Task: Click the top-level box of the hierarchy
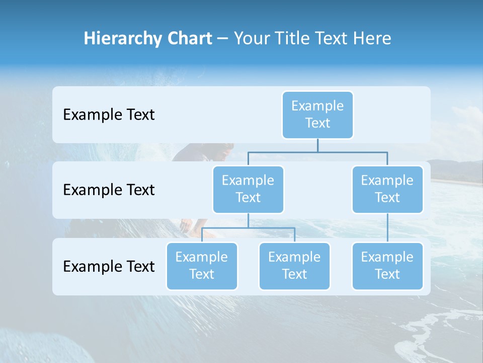coord(317,114)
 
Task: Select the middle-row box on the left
coord(248,189)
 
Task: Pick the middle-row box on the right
coord(387,189)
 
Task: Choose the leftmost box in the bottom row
coord(201,266)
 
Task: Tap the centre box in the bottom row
coord(294,266)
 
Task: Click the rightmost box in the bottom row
coord(387,266)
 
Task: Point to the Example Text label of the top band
coord(109,115)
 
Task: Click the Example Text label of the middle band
coord(109,190)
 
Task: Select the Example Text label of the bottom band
coord(109,266)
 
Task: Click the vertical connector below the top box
coord(317,145)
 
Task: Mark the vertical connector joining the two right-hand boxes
coord(387,228)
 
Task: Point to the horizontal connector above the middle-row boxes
coord(317,152)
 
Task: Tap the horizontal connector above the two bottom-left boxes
coord(248,228)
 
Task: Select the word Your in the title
coord(252,39)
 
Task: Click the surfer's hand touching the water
coord(187,225)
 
